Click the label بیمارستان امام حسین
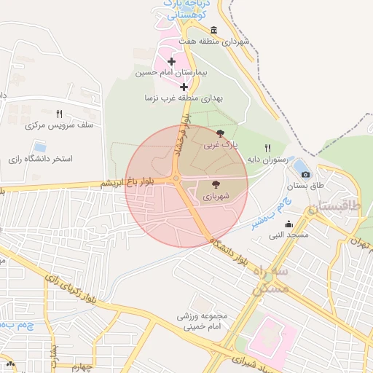pyautogui.click(x=172, y=73)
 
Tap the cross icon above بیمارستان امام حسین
pyautogui.click(x=171, y=61)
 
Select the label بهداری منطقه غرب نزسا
pyautogui.click(x=183, y=97)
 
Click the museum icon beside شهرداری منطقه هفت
pyautogui.click(x=213, y=30)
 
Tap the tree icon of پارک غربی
pyautogui.click(x=221, y=133)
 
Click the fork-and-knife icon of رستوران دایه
pyautogui.click(x=268, y=148)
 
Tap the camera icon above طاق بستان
pyautogui.click(x=305, y=174)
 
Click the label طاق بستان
pyautogui.click(x=306, y=186)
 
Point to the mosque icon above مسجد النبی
pyautogui.click(x=288, y=224)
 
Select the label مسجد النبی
pyautogui.click(x=288, y=235)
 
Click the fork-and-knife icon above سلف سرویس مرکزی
pyautogui.click(x=59, y=114)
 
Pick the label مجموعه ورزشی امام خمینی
pyautogui.click(x=203, y=321)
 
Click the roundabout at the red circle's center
pyautogui.click(x=176, y=180)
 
